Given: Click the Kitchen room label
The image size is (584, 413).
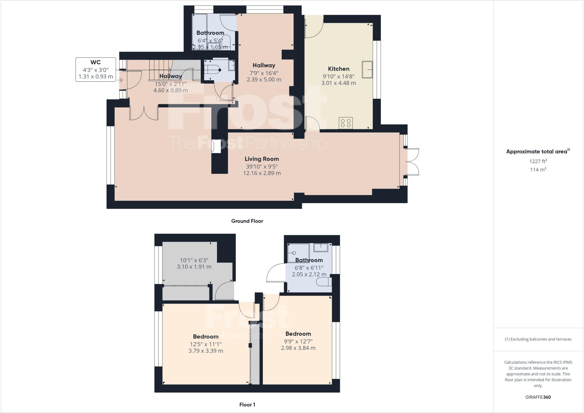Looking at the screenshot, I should coord(338,69).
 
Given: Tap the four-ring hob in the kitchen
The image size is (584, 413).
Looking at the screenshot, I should coord(346,123).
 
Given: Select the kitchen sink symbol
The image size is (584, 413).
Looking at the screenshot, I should coord(368,69).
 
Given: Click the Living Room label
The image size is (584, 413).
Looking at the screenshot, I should coord(261,159).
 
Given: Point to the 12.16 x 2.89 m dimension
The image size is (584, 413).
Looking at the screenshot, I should coord(261,173).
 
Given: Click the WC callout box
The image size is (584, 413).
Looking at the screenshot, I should coord(96,69).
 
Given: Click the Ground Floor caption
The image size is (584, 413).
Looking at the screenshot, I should coord(247,221).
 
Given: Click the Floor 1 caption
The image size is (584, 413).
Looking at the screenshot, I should coord(247,404).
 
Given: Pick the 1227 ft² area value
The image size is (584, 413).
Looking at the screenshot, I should coord(538,161).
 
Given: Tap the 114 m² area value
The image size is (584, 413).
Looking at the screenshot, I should coord(538,170).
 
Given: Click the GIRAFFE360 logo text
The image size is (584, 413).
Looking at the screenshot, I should coord(538,397).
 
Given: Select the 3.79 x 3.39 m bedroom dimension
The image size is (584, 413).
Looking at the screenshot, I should coord(206,351).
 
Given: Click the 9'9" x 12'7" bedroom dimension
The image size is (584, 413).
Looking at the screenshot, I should coord(298,341).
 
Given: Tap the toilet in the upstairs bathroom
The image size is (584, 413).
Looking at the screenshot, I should coord(325,282).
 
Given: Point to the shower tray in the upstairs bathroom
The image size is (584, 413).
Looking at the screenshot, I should coord(298,252).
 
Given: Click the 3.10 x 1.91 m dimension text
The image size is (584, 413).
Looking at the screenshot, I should coord(194,267).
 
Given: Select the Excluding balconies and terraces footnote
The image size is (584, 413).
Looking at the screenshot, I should coord(538,339).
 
